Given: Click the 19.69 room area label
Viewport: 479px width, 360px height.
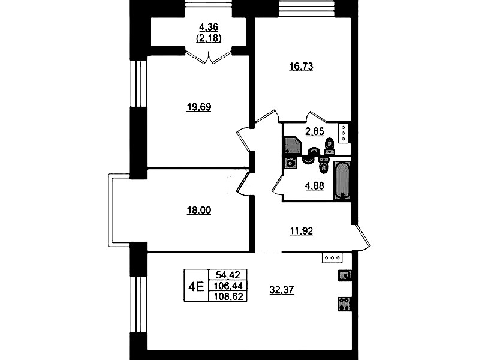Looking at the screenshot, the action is point(199,107).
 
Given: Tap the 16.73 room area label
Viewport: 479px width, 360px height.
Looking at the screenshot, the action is point(301,67).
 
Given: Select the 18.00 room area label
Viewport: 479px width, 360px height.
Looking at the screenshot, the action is point(199,211).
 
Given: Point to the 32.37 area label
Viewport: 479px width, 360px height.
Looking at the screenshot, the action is point(282,290).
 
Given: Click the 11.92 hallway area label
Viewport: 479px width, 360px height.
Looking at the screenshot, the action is point(301,231).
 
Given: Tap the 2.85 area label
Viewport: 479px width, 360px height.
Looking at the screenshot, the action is point(315,131).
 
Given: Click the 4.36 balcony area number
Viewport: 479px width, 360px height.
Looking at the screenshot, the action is point(209,28).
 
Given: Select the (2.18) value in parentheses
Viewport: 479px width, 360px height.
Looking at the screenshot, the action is point(209,38).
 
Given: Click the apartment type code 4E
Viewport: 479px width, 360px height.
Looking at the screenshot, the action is point(196,287).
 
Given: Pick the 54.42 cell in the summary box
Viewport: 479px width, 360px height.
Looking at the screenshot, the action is point(228,275).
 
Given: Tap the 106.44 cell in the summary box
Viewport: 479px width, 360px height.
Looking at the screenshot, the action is point(228,286).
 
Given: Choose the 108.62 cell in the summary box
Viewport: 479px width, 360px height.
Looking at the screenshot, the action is point(228,296).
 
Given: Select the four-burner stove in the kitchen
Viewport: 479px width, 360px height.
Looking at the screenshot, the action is point(344,304).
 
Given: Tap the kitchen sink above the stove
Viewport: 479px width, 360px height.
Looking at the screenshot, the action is point(344,275).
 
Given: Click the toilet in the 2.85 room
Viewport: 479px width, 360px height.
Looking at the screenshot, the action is point(329,146).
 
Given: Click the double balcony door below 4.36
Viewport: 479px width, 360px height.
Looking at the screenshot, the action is point(209,58).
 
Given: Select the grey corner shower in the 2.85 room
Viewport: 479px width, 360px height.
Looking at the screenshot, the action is point(293,145).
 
